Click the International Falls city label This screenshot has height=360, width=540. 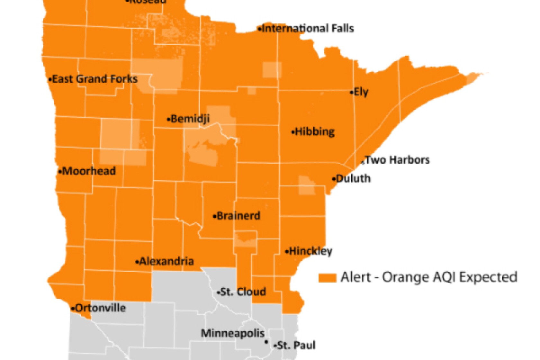pos(308,29)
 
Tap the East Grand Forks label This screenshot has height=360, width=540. pos(94,79)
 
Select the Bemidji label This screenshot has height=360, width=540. pos(190,119)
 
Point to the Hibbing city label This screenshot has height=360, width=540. pos(315,132)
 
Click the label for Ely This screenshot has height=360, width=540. pos(361,92)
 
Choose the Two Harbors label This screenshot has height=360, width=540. pos(397,160)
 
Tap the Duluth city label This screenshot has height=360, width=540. pos(353,178)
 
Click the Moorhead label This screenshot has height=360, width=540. pos(89,171)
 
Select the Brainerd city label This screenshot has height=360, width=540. pos(238,216)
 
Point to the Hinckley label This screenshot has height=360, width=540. pos(310,251)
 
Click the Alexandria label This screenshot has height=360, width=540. pos(166,261)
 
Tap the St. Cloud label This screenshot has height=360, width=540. pos(243,292)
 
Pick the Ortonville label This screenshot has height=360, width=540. pos(100,308)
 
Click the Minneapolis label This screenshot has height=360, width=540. pos(232,333)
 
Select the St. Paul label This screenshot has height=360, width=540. pos(296,346)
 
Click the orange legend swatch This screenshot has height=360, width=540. pos(327,278)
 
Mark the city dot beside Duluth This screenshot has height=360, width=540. pos(334,179)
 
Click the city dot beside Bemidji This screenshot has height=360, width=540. pos(168,120)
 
